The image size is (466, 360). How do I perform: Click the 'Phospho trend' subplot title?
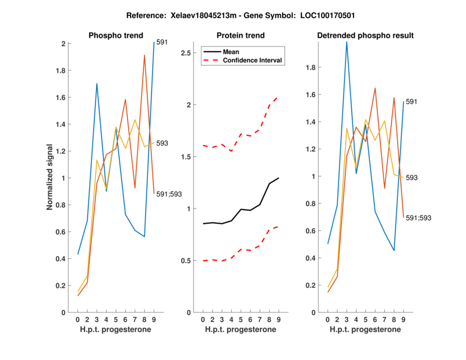point(116,36)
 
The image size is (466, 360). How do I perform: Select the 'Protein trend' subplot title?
point(240,36)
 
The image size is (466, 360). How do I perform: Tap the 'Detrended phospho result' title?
point(365,36)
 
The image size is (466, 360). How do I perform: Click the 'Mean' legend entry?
point(231,52)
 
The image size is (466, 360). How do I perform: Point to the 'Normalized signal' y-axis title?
point(51,177)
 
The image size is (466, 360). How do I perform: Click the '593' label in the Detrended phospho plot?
point(412,178)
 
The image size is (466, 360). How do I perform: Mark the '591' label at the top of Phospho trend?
point(163,42)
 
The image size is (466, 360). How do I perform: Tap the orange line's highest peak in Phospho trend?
point(144,55)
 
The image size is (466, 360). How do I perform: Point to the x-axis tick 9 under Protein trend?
point(278,320)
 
